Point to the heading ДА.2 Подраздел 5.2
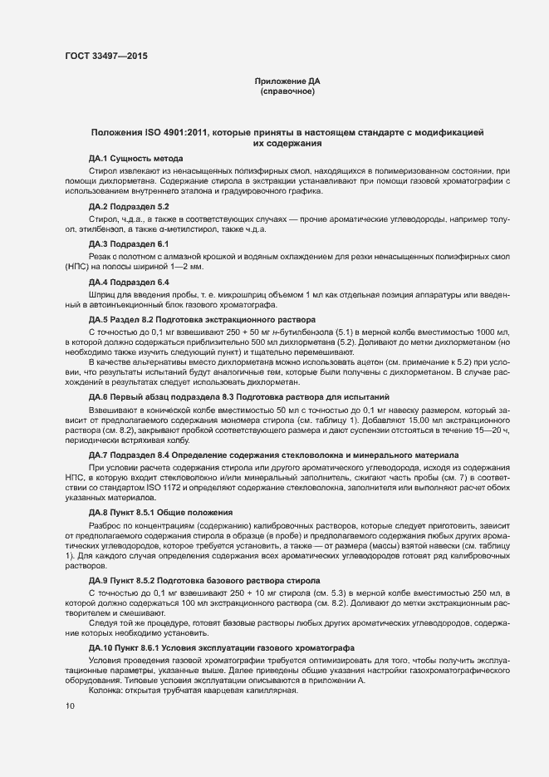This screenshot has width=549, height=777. pyautogui.click(x=129, y=205)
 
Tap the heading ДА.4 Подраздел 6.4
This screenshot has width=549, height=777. pyautogui.click(x=129, y=282)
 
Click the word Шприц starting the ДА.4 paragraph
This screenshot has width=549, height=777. pyautogui.click(x=102, y=295)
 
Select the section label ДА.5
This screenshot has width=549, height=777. pyautogui.click(x=99, y=318)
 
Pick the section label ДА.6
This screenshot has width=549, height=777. pyautogui.click(x=99, y=397)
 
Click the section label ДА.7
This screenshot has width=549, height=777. pyautogui.click(x=99, y=455)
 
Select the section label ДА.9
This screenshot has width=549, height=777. pyautogui.click(x=99, y=578)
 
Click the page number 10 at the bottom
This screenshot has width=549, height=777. pyautogui.click(x=70, y=706)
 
